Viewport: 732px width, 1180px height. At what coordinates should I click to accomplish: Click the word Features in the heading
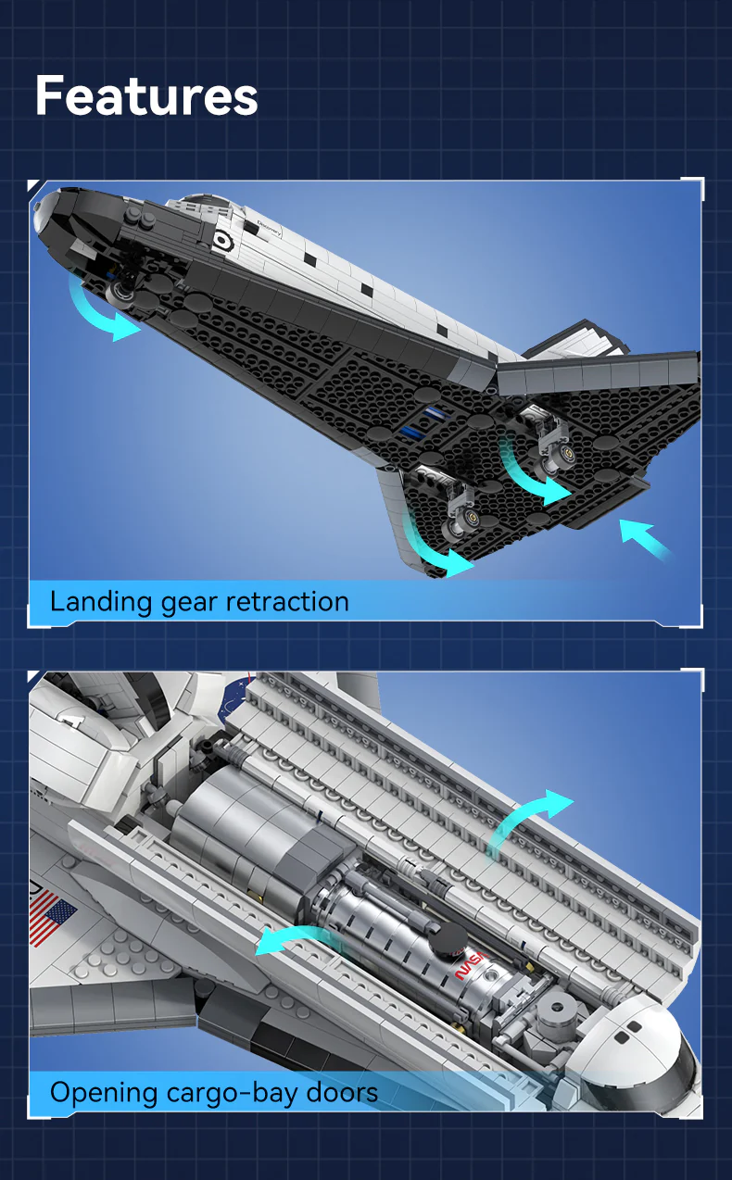click(x=146, y=96)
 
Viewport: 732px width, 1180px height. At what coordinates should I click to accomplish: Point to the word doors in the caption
click(x=342, y=1092)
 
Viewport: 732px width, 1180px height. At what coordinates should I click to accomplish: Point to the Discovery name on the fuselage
click(x=270, y=229)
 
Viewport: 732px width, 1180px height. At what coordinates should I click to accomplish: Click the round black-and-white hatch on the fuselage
click(x=223, y=241)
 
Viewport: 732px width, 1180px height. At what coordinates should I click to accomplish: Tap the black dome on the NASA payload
click(x=448, y=938)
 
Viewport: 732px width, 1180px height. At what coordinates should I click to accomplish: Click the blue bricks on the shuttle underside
click(x=423, y=421)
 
